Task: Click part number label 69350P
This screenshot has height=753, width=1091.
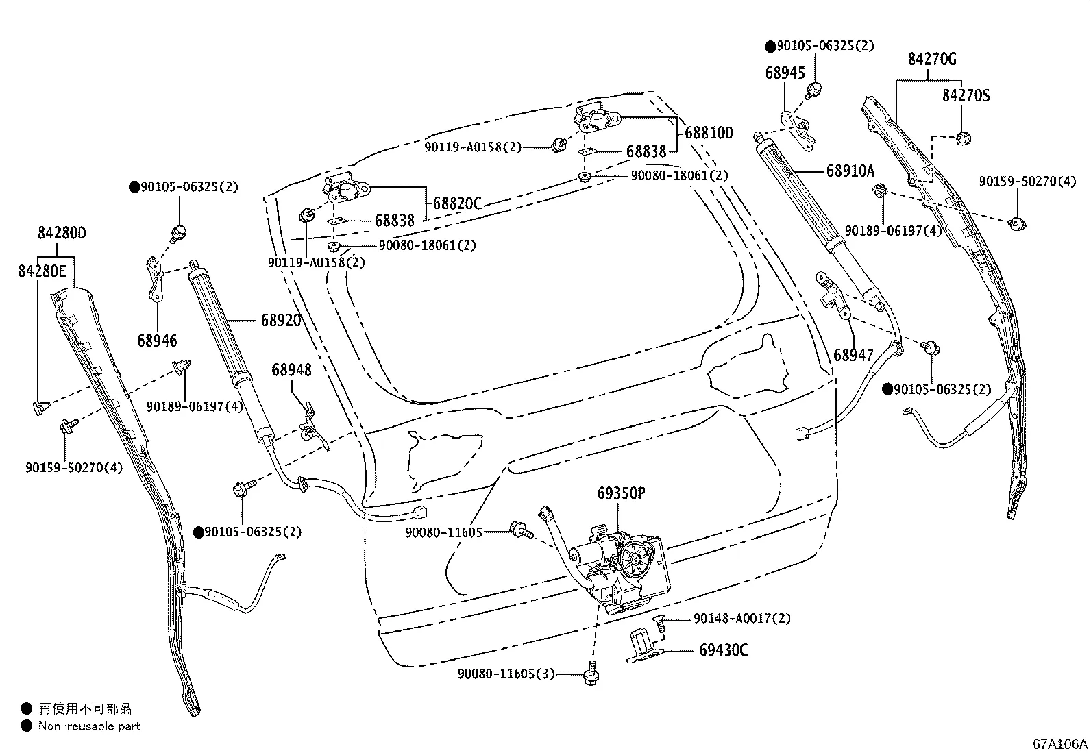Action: pyautogui.click(x=621, y=493)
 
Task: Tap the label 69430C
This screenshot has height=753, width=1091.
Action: pyautogui.click(x=723, y=650)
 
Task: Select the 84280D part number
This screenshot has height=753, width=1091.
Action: pyautogui.click(x=62, y=233)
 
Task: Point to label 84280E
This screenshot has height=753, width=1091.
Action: pyautogui.click(x=42, y=272)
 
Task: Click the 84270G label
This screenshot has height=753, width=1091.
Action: pyautogui.click(x=932, y=59)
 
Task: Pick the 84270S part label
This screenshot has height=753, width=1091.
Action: pyautogui.click(x=966, y=95)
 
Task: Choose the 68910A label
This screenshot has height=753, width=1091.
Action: pyautogui.click(x=850, y=171)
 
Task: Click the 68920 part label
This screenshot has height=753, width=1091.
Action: pyautogui.click(x=280, y=320)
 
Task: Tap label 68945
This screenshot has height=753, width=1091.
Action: pyautogui.click(x=785, y=73)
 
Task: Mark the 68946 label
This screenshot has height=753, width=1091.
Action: pyautogui.click(x=157, y=340)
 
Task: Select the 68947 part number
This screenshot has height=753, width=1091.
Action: pyautogui.click(x=854, y=355)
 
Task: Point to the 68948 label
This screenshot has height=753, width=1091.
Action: pyautogui.click(x=291, y=370)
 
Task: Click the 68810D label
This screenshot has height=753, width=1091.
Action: pyautogui.click(x=709, y=133)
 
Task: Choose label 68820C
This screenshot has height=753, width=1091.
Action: pyautogui.click(x=457, y=203)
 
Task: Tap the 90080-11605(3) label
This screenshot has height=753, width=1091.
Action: pyautogui.click(x=506, y=674)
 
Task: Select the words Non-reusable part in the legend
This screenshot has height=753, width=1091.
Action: pyautogui.click(x=89, y=726)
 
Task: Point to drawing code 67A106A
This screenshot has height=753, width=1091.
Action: pyautogui.click(x=1060, y=744)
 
